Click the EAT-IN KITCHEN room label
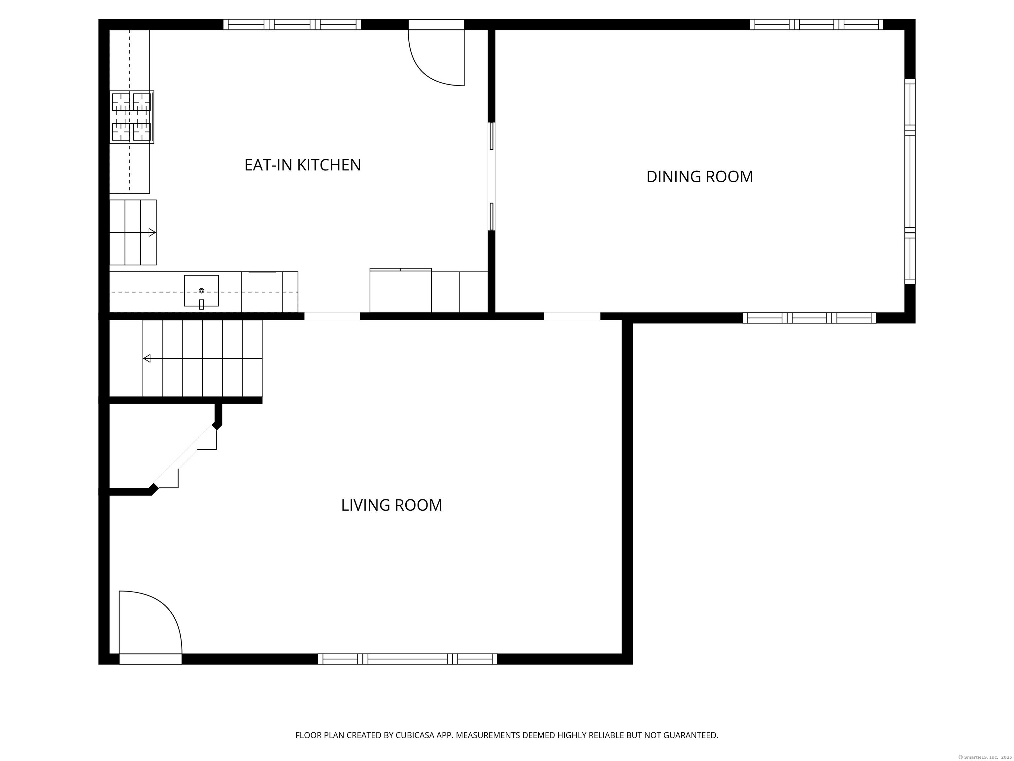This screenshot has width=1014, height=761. (303, 165)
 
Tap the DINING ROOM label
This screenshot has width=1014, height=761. (699, 177)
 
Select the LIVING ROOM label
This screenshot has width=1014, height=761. (391, 505)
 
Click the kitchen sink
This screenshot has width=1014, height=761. (201, 291)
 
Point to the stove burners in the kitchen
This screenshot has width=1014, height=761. (132, 117)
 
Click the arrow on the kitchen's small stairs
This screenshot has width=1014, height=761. (152, 233)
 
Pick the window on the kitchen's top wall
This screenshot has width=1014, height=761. (292, 24)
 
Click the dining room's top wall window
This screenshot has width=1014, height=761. (816, 24)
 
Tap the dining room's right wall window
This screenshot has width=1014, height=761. (909, 181)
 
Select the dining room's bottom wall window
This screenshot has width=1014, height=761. (809, 318)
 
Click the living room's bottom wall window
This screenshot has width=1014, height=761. (408, 659)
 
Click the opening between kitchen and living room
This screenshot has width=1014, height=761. (332, 316)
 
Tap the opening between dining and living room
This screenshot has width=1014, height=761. (572, 316)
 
